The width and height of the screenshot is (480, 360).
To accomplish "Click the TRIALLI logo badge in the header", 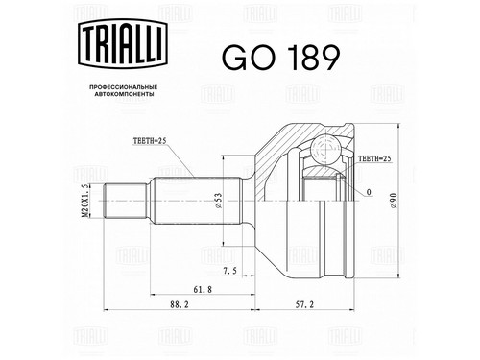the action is pos(123,43).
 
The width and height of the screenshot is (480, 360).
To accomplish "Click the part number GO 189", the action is pos(280,58).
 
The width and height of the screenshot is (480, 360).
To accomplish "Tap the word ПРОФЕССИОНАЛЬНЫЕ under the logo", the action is pos(123,87).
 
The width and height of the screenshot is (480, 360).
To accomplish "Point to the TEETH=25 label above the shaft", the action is pos(151,141).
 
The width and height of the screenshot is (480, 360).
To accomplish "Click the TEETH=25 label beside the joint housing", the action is pos(374,158).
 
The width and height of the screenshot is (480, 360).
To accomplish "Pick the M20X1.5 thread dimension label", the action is pos(84,201).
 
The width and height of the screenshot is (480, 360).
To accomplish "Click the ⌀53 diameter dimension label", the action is pos(219,201).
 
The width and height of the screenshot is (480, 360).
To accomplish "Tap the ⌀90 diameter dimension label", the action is pos(394,201).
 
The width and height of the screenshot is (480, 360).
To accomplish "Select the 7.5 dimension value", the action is pos(229,271).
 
